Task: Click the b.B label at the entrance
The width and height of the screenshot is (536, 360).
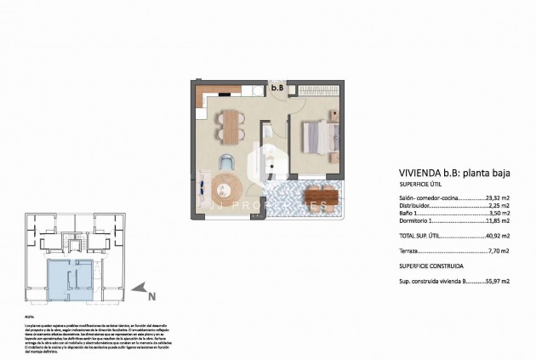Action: click(x=277, y=87)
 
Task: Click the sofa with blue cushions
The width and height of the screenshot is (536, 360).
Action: click(x=202, y=187)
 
